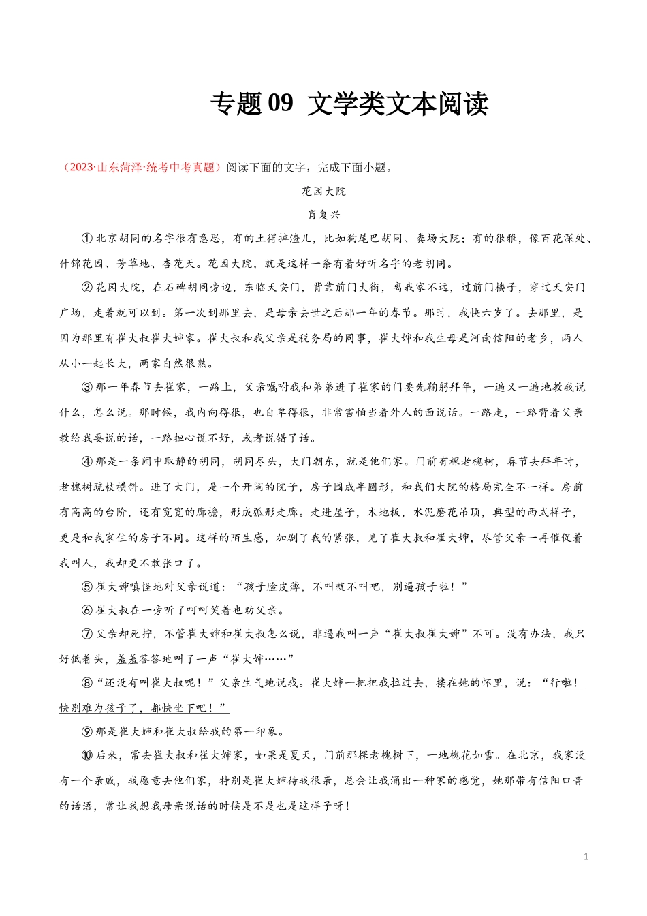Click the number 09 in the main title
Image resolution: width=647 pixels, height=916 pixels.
[281, 104]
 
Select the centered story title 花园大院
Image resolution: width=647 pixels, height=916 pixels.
[323, 192]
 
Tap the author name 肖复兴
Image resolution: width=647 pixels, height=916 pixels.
[323, 215]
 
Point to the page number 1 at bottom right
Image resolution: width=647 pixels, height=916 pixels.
[586, 857]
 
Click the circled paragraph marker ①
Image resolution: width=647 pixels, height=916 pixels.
[87, 239]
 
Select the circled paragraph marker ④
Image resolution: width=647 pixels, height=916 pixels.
[87, 462]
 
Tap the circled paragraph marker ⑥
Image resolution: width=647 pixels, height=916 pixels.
[87, 610]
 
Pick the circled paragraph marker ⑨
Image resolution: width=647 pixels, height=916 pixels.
[87, 732]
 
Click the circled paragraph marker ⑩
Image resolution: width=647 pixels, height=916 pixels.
[87, 756]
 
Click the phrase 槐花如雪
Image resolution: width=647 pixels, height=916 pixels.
[472, 756]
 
